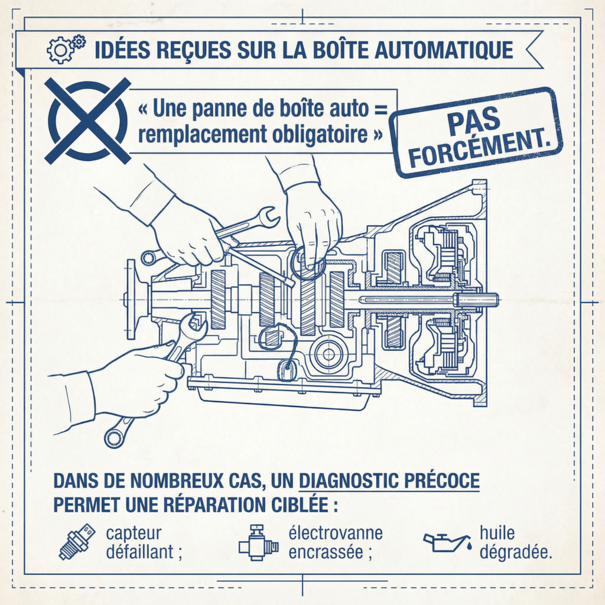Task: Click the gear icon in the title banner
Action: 66,49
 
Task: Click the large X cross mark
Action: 87,121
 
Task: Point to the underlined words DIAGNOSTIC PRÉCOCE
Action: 389,480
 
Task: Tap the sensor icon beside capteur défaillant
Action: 77,541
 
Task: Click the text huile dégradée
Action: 516,542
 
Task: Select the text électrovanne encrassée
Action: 336,542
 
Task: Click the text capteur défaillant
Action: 144,542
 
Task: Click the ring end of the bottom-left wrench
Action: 114,438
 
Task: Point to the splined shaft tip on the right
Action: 477,300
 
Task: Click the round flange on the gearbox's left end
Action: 131,300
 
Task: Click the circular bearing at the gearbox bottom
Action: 328,354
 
